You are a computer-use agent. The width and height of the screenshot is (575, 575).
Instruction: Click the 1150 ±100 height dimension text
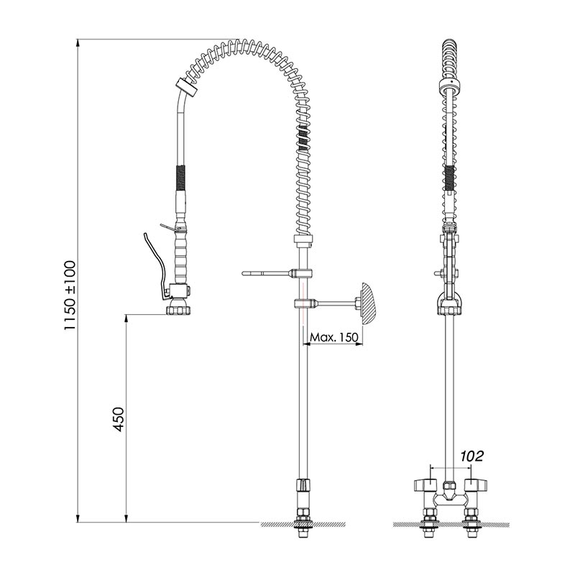point(70,295)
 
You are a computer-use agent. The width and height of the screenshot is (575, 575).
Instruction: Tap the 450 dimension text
point(118,419)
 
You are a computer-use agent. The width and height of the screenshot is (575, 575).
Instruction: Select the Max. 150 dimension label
point(333,337)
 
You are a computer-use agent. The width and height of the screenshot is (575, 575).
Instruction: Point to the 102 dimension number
point(472,456)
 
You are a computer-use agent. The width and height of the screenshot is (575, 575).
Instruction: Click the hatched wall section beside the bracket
point(368,303)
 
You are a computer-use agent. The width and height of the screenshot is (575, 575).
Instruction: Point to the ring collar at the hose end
point(186,87)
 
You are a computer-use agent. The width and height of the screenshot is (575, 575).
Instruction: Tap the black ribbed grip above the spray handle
point(180,178)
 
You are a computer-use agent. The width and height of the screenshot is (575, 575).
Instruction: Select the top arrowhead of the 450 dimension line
point(126,318)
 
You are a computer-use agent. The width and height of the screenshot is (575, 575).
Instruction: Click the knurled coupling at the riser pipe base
point(303,484)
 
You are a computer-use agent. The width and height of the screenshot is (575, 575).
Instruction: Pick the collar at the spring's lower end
point(303,239)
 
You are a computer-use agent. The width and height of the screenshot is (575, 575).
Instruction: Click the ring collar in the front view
point(450,86)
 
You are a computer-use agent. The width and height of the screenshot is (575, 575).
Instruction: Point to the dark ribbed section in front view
point(450,178)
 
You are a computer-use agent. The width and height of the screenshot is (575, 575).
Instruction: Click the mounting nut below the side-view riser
point(303,520)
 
